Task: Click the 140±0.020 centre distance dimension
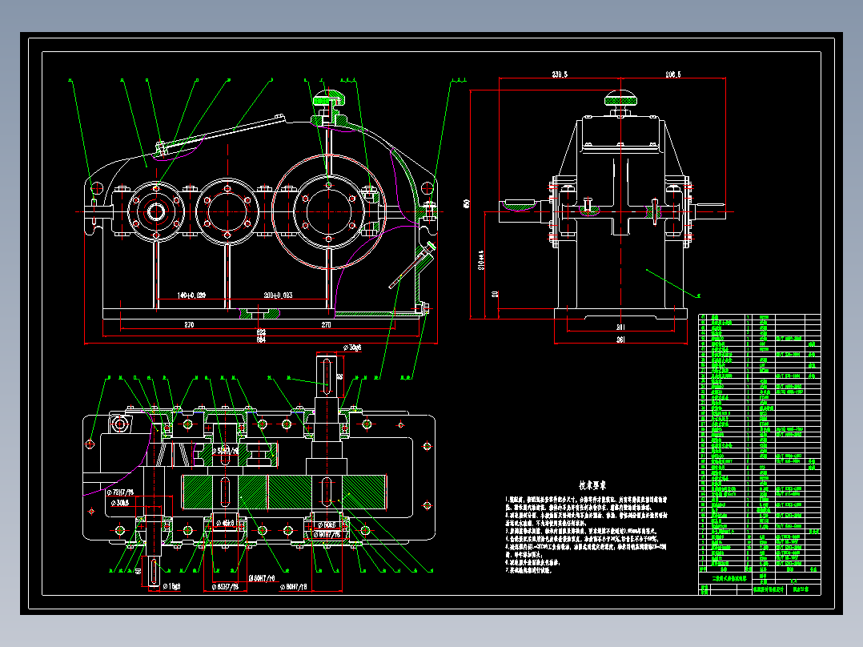(x=180, y=296)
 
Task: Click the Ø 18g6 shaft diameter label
(x=167, y=585)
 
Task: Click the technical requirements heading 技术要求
(x=592, y=485)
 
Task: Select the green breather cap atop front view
(x=327, y=99)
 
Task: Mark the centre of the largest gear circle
(x=328, y=210)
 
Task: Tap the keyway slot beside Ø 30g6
(x=327, y=376)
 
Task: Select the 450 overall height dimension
(x=466, y=203)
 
